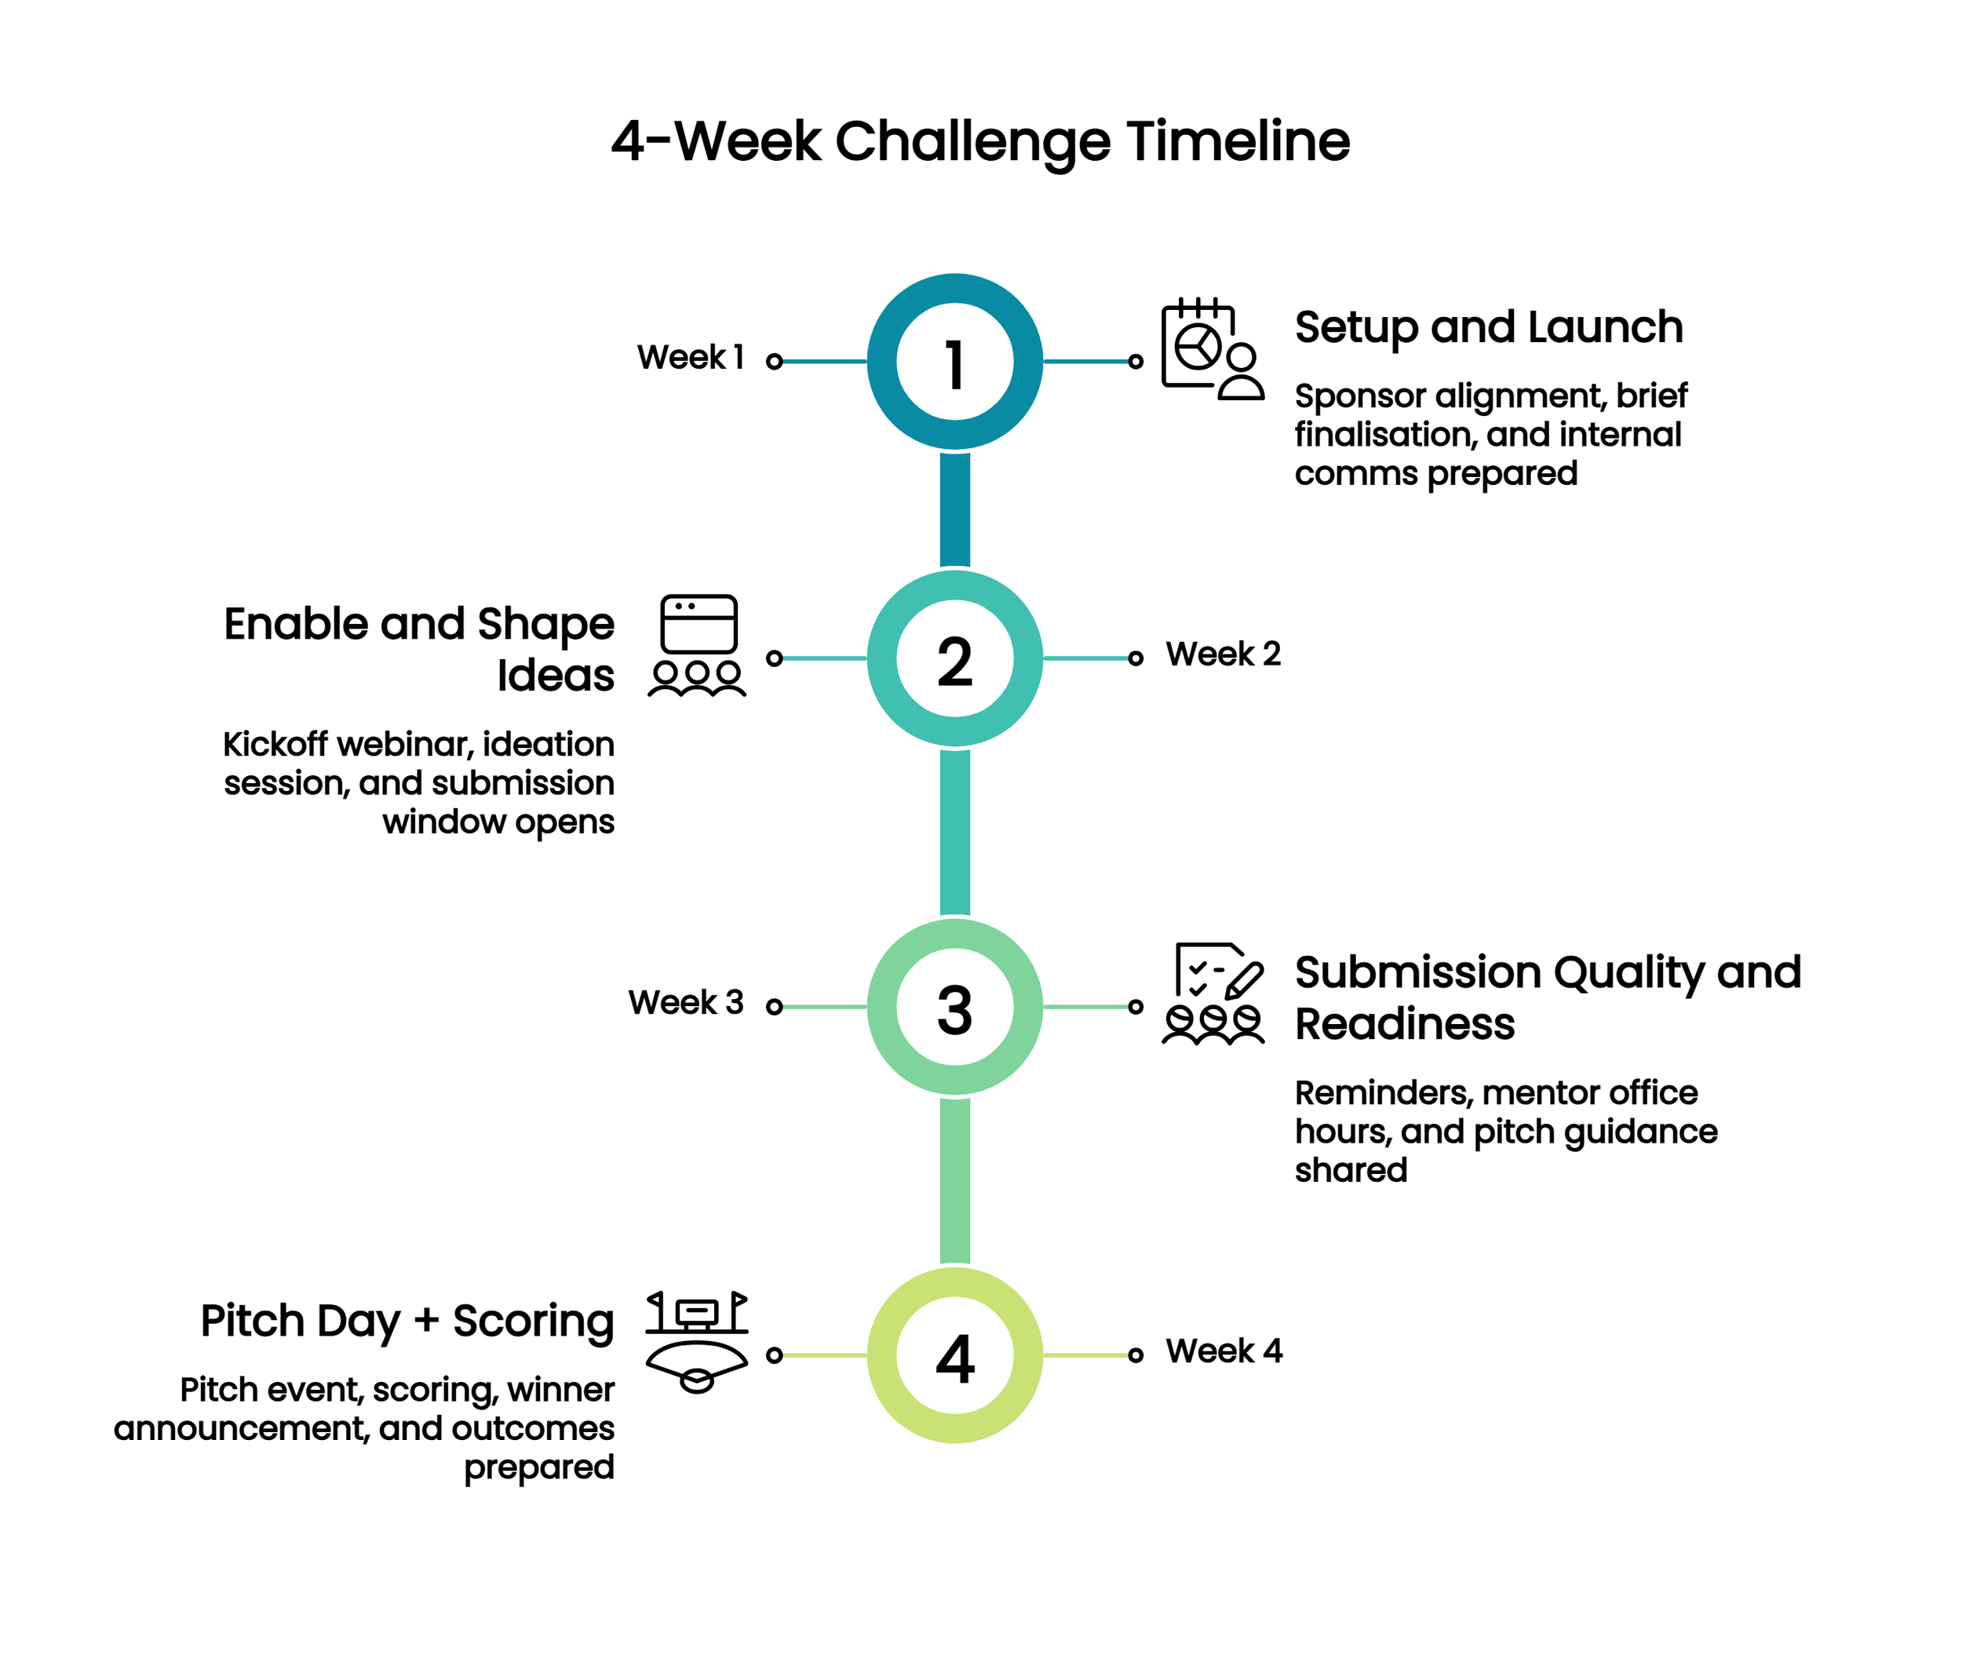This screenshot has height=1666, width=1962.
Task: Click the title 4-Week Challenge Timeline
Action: click(x=979, y=142)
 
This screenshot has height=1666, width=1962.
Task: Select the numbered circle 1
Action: click(x=954, y=362)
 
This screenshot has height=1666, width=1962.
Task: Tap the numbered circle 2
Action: click(x=954, y=658)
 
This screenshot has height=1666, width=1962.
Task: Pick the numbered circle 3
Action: click(x=954, y=1007)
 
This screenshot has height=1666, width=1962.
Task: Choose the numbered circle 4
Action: click(x=954, y=1355)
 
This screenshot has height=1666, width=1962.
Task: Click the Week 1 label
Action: click(x=691, y=358)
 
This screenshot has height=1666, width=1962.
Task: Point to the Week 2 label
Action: click(x=1223, y=654)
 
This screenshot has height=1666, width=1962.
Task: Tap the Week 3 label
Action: click(x=686, y=1003)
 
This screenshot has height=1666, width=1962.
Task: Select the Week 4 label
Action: click(x=1224, y=1351)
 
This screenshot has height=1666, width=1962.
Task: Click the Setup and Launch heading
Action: click(x=1488, y=328)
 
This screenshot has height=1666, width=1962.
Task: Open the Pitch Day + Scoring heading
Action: click(x=407, y=1321)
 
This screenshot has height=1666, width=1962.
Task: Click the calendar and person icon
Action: click(x=1212, y=349)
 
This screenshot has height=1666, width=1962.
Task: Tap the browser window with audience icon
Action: click(x=697, y=646)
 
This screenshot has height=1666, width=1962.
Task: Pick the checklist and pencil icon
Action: click(x=1213, y=993)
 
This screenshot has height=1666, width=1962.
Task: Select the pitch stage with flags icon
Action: click(x=697, y=1341)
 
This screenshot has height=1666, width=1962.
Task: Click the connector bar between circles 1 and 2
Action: click(x=954, y=509)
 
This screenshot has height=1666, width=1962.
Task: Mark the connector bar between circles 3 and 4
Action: click(x=954, y=1180)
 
